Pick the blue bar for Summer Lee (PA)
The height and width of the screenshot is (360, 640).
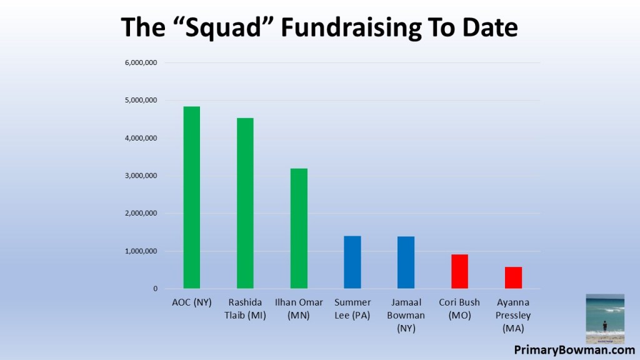(352, 262)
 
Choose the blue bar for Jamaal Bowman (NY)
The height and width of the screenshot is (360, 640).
(406, 262)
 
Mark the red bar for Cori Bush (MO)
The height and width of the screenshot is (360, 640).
(459, 271)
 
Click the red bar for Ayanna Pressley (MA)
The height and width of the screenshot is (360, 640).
(513, 277)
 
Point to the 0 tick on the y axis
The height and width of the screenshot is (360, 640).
(155, 289)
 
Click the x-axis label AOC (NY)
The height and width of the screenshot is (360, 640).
(191, 302)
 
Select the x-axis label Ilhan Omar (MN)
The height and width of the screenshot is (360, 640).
(299, 309)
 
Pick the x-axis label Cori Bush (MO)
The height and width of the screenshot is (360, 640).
(459, 309)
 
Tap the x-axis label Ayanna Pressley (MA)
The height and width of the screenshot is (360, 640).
(513, 315)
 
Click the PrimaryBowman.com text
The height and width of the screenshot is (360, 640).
(574, 350)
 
